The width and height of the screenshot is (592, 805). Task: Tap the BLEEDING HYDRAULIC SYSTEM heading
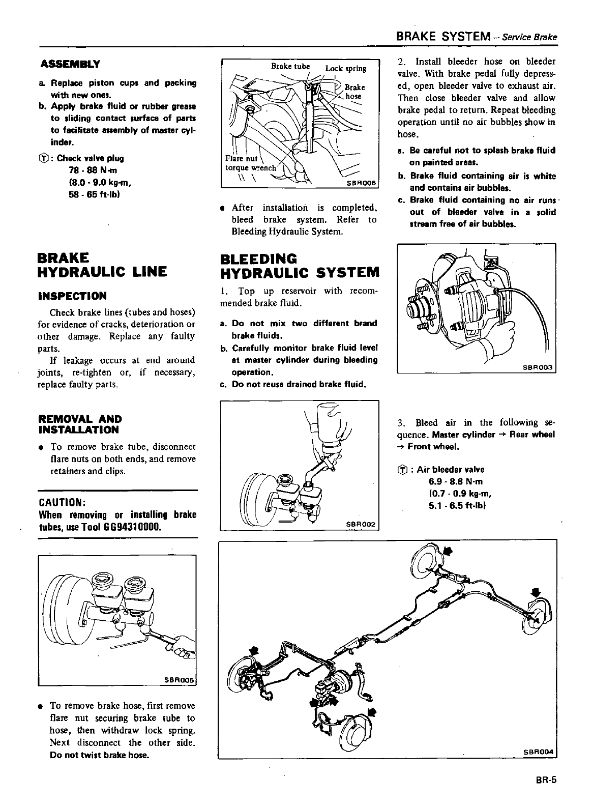pos(300,265)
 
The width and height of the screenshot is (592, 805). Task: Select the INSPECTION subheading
pos(72,296)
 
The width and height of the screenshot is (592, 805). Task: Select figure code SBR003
pos(540,367)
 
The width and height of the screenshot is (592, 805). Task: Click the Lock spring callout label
pos(346,69)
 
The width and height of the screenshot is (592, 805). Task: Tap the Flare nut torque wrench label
pos(250,163)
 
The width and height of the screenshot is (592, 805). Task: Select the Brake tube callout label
pos(290,66)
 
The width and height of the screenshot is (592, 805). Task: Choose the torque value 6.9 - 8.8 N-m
pos(456,481)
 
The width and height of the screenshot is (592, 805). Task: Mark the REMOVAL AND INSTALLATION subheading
pos(80,424)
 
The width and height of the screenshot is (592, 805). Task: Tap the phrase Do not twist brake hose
pos(100,755)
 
